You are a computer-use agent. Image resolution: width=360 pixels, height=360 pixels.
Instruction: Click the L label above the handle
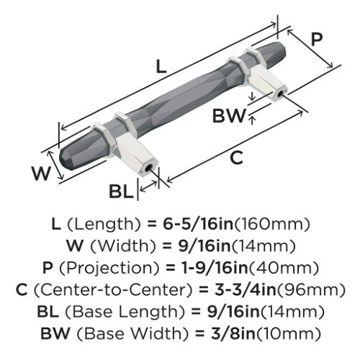click(x=161, y=66)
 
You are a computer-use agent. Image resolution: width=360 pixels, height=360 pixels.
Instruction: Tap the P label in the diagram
click(x=317, y=40)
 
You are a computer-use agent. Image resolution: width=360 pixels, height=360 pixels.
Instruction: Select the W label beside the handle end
click(x=41, y=174)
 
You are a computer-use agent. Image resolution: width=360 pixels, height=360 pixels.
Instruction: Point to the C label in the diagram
click(x=236, y=158)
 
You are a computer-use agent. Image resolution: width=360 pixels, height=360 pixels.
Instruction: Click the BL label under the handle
click(x=121, y=192)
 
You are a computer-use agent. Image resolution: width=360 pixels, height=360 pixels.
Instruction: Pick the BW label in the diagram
click(x=230, y=116)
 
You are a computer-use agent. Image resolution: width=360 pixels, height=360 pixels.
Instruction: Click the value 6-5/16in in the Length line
click(x=198, y=224)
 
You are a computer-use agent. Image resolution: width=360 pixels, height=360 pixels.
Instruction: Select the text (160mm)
click(x=271, y=224)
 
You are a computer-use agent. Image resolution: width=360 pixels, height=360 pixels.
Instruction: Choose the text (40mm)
click(x=283, y=268)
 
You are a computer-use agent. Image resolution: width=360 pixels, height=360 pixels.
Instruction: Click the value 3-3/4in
click(x=245, y=289)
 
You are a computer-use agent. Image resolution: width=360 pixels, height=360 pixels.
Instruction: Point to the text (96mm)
click(x=311, y=290)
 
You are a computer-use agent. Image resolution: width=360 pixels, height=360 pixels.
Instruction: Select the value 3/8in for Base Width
click(x=233, y=333)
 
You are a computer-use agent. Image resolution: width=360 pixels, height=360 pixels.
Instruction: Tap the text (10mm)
click(x=288, y=333)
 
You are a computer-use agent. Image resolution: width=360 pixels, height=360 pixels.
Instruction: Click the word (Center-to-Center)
click(x=113, y=290)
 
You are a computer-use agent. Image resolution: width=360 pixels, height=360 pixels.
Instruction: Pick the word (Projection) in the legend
click(x=109, y=268)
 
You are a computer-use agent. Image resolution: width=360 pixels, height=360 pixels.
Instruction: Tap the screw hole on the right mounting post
click(x=280, y=94)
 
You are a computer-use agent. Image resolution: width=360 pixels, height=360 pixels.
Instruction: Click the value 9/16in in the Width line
click(x=204, y=246)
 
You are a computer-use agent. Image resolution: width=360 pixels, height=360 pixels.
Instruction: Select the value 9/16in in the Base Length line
click(x=233, y=312)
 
